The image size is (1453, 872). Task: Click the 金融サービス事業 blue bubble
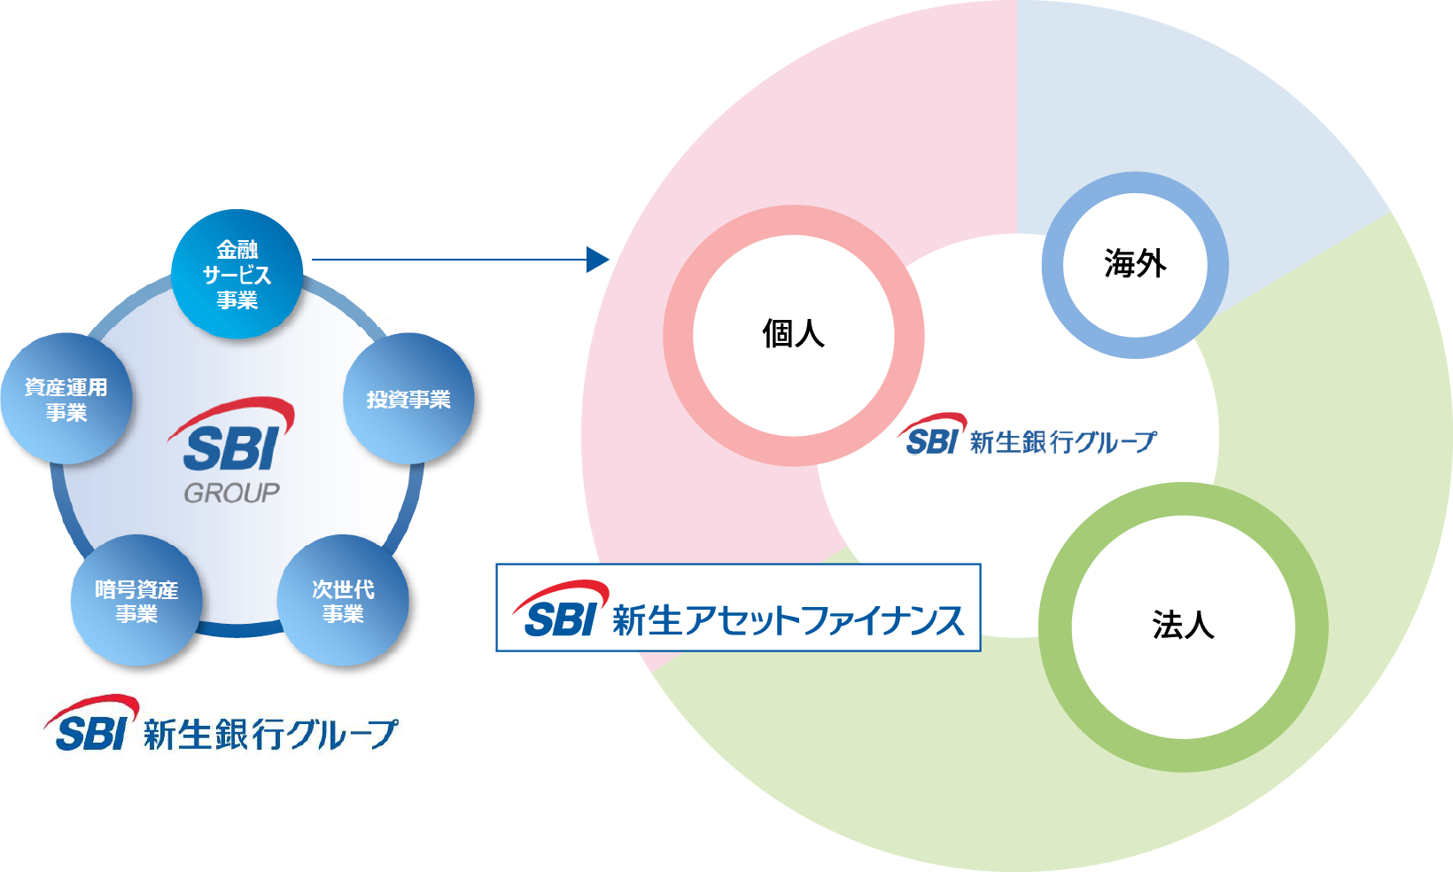[237, 275]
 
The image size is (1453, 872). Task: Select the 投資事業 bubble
[408, 399]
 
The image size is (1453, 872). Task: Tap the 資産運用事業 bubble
[66, 399]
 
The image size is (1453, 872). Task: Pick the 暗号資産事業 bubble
[136, 601]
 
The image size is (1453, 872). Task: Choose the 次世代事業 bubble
[343, 601]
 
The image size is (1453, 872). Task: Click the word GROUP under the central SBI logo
[231, 493]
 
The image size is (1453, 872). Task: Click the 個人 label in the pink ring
[793, 334]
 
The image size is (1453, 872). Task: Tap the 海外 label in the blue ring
[1135, 264]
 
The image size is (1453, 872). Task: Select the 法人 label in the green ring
[1183, 626]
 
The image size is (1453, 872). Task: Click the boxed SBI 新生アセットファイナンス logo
[738, 608]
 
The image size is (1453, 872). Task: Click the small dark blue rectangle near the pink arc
[600, 259]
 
